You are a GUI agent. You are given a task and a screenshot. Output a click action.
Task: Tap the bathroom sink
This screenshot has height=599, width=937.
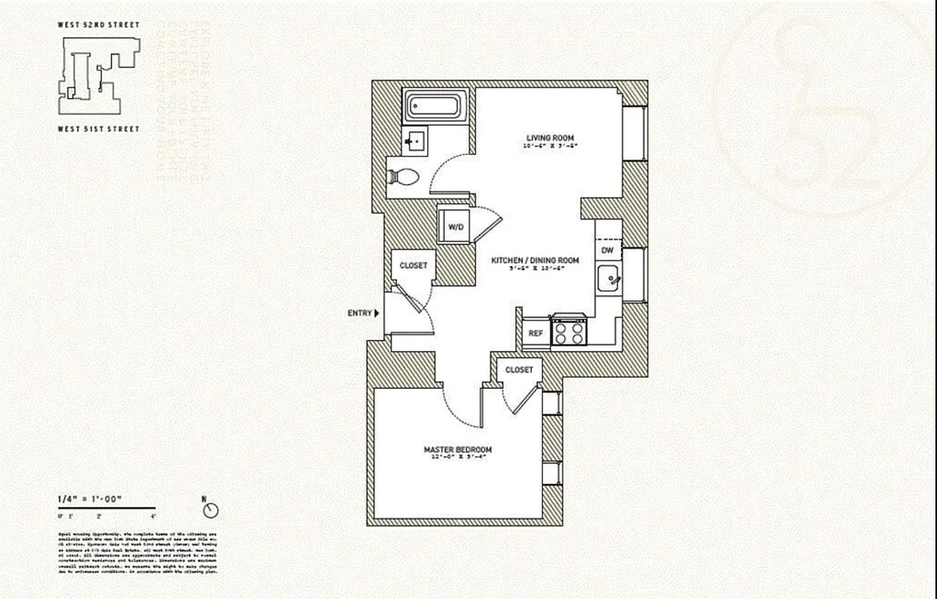413,140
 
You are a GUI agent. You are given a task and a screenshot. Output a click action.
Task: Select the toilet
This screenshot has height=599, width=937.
405,177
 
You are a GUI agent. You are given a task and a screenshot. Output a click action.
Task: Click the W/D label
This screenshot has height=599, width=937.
455,226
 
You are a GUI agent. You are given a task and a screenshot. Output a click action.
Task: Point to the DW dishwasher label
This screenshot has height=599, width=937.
607,249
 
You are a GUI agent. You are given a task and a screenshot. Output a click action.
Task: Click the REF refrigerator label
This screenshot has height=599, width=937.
536,333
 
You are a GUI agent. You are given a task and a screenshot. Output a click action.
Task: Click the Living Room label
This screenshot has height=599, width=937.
549,138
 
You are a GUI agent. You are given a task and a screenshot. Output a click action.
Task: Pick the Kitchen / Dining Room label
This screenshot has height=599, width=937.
535,261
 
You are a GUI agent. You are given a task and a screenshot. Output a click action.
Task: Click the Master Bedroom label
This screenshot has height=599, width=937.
458,450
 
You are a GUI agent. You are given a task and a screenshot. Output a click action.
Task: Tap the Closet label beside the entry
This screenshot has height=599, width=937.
413,266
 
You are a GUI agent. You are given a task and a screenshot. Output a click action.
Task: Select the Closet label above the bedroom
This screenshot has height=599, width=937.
519,370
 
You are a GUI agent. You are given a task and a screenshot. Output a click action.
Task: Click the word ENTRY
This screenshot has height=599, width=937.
360,313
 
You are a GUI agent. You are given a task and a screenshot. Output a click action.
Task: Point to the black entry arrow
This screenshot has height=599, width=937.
377,313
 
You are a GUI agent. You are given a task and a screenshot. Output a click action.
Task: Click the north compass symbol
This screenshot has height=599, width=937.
211,510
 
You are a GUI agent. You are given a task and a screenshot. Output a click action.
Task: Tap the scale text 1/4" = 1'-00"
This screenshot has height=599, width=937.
89,499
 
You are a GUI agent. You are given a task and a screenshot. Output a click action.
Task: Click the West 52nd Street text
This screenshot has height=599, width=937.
98,25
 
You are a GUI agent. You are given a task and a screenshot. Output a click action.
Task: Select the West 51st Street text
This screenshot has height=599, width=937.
98,129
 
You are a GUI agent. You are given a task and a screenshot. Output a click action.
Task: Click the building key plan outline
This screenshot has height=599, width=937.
98,76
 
